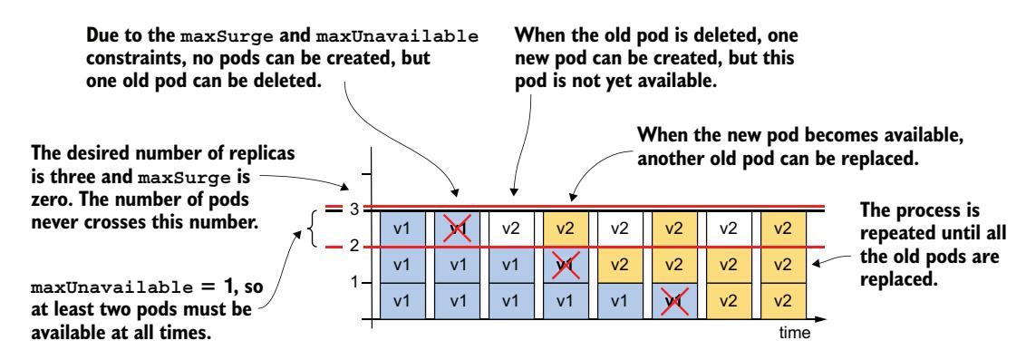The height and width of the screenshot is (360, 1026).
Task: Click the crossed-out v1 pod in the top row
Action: tap(455, 228)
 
